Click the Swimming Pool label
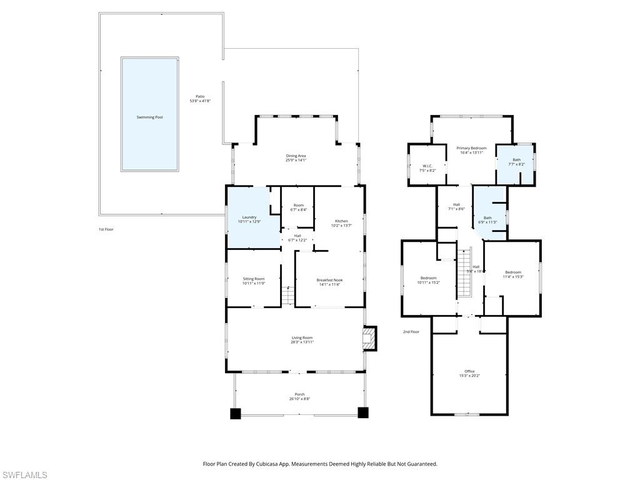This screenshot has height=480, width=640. [149, 117]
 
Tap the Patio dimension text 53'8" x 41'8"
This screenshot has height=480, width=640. [200, 101]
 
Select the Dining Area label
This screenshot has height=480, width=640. [296, 156]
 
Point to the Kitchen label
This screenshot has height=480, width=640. [341, 221]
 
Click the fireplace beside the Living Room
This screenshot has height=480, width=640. [370, 339]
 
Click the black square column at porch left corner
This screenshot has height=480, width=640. [236, 413]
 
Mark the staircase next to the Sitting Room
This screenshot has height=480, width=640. [287, 295]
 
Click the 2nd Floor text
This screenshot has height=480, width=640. [411, 332]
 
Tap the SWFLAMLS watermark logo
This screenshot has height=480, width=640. [24, 475]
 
